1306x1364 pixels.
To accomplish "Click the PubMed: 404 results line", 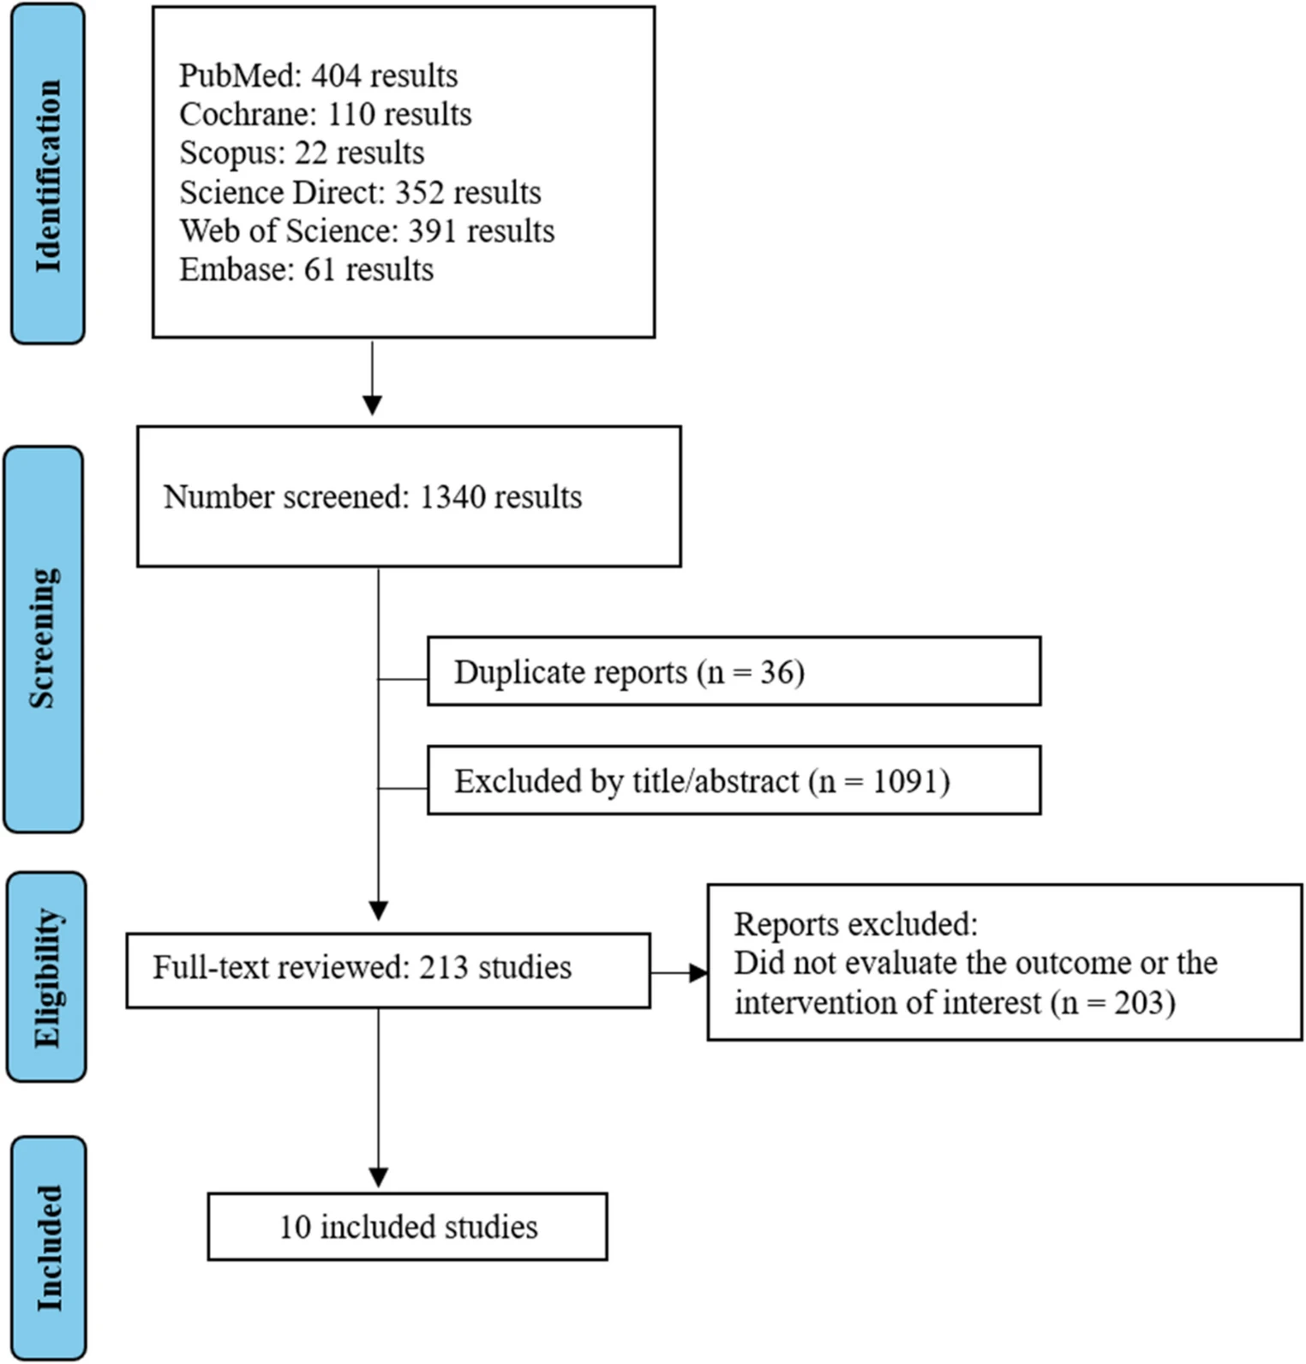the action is pyautogui.click(x=318, y=75).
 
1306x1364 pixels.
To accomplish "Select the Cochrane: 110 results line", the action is pyautogui.click(x=325, y=114).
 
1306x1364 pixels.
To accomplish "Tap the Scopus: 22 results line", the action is pyautogui.click(x=302, y=153).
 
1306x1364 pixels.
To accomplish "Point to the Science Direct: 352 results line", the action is pyautogui.click(x=360, y=192).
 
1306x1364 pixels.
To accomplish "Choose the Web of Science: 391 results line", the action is pyautogui.click(x=367, y=231).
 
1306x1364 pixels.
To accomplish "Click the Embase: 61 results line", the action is pyautogui.click(x=306, y=269).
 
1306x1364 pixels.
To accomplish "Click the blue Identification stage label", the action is pyautogui.click(x=48, y=174).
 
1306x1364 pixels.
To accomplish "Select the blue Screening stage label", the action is pyautogui.click(x=44, y=639).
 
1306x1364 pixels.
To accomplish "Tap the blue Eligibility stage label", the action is pyautogui.click(x=46, y=976).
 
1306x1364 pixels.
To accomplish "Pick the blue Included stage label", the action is pyautogui.click(x=49, y=1247).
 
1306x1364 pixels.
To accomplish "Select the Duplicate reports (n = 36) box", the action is pyautogui.click(x=734, y=671).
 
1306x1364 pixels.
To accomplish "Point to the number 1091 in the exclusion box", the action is pyautogui.click(x=907, y=781).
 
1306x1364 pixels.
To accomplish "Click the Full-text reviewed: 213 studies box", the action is pyautogui.click(x=388, y=970).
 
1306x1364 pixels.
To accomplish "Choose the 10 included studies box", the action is pyautogui.click(x=408, y=1227).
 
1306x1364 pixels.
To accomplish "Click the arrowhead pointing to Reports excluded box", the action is pyautogui.click(x=698, y=973).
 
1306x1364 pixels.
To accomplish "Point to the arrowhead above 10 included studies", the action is pyautogui.click(x=378, y=1178).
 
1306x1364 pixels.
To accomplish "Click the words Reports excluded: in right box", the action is pyautogui.click(x=855, y=924).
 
